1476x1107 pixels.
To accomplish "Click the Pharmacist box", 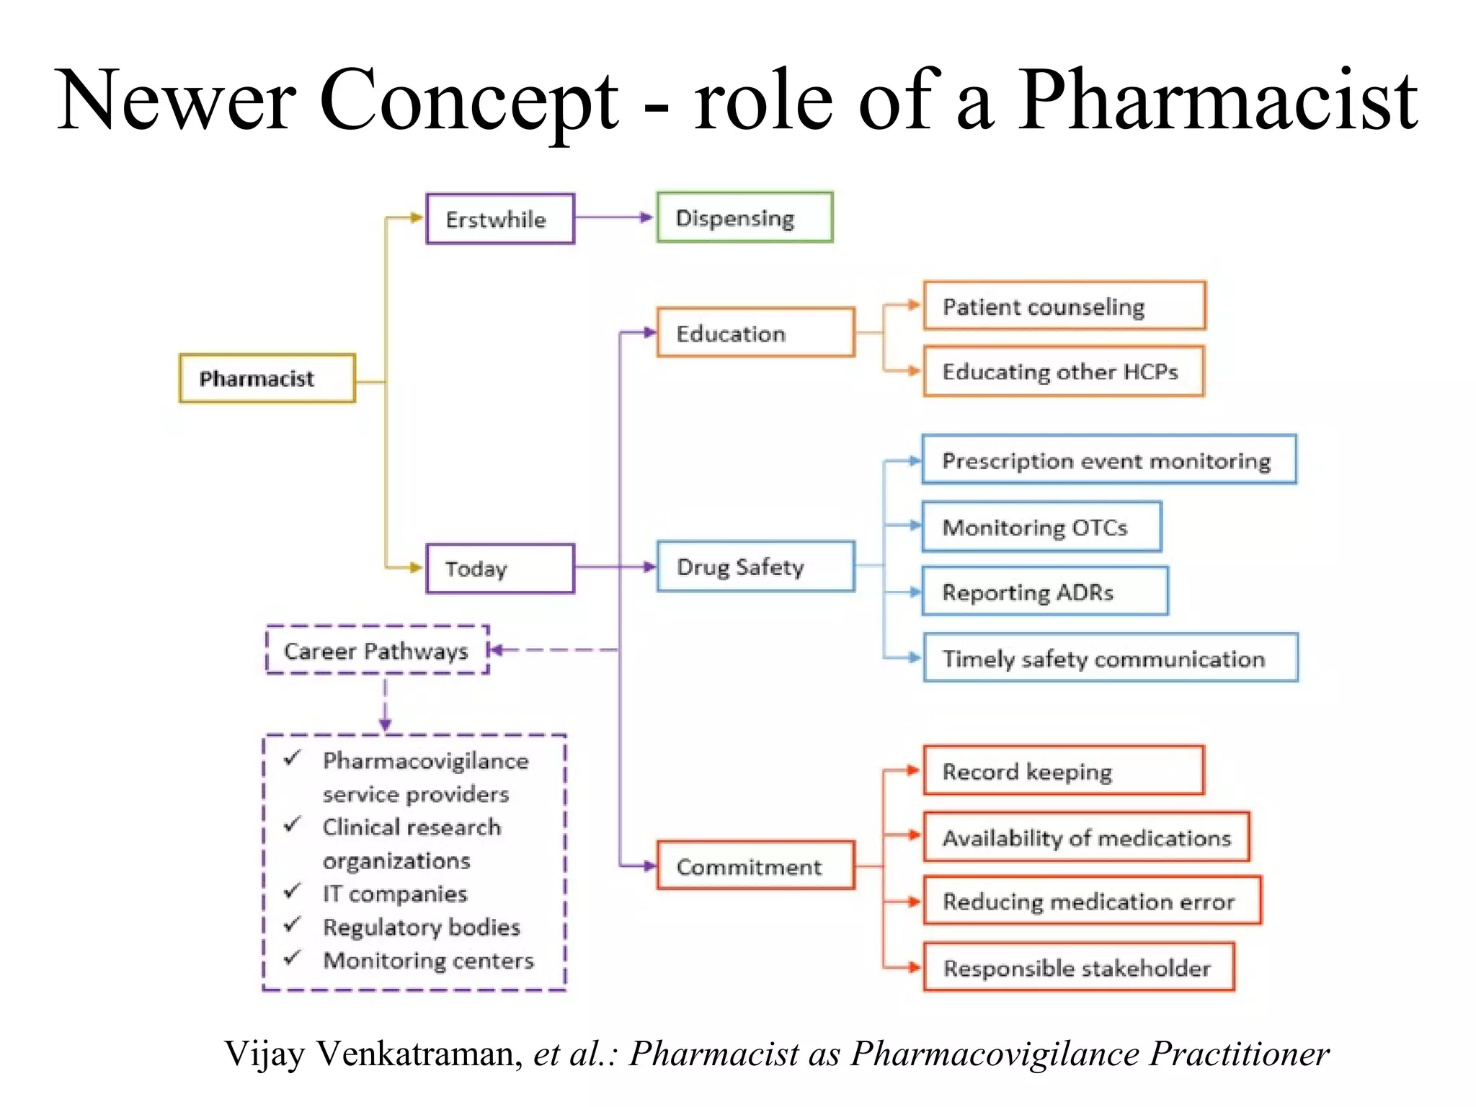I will [267, 378].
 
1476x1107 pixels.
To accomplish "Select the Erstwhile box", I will [500, 219].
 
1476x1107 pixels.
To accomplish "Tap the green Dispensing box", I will [744, 218].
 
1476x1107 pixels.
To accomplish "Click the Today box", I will [500, 569].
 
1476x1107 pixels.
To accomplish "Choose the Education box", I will [755, 333].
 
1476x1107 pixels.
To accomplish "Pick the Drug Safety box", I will [755, 567].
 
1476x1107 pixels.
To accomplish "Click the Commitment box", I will [755, 866].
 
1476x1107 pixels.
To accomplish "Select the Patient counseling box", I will [1064, 306].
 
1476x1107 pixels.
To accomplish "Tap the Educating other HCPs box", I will [1064, 371].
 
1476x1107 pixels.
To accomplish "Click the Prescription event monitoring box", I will [1108, 460].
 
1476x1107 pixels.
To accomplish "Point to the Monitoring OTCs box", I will [1041, 527].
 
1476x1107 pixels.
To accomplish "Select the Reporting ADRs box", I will [1044, 592].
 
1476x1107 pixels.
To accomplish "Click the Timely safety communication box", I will [1110, 658].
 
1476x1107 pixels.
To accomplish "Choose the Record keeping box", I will [1064, 771].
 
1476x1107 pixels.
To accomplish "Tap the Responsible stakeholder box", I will [1078, 967].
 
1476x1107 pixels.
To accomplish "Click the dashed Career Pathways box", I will [377, 650].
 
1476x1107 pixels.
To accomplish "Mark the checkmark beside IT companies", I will [292, 892].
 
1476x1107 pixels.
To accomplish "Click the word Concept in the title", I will [468, 101].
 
